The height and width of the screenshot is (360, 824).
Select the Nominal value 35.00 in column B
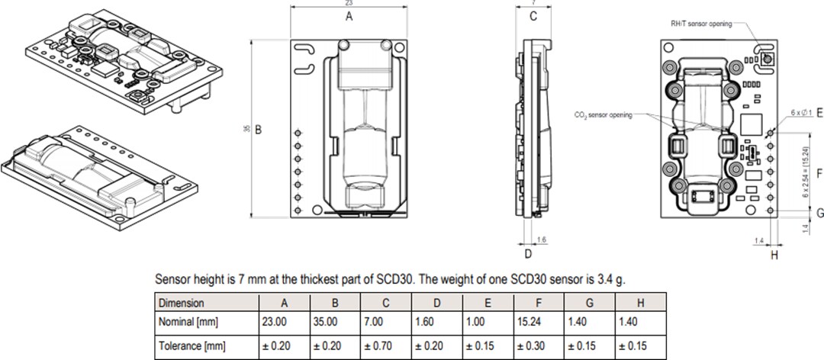click(325, 323)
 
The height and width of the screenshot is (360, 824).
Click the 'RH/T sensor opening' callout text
click(700, 24)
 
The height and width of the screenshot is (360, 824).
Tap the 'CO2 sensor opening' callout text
click(603, 114)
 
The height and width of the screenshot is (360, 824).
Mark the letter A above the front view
click(349, 16)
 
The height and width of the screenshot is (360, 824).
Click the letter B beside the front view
click(259, 130)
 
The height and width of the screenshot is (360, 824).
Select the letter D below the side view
click(528, 252)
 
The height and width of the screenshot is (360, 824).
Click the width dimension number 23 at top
click(349, 4)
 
